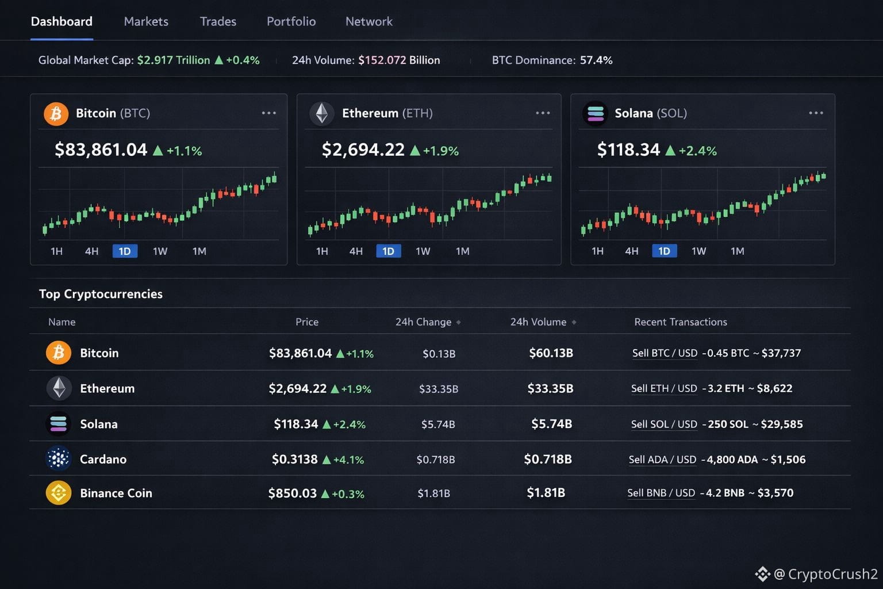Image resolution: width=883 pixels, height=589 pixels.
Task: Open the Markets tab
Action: [x=146, y=22]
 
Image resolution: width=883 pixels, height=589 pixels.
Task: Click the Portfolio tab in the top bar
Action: [x=291, y=22]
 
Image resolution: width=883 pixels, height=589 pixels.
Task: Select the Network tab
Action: [x=368, y=22]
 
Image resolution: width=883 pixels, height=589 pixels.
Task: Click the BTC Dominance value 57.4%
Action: [x=596, y=60]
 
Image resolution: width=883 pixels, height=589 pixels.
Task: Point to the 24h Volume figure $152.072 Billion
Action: [x=399, y=60]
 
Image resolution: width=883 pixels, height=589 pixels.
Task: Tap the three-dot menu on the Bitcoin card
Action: [x=268, y=113]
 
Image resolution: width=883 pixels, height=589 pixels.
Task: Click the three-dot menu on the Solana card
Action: [x=816, y=113]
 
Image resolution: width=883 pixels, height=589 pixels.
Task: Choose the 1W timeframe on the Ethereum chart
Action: [x=423, y=251]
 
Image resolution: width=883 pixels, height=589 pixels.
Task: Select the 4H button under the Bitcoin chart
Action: [x=91, y=251]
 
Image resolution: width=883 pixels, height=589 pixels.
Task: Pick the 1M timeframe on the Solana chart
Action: [x=737, y=251]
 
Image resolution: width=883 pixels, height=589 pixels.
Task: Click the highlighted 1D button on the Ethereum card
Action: [x=388, y=251]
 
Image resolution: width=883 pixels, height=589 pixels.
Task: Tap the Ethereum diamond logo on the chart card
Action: [x=322, y=113]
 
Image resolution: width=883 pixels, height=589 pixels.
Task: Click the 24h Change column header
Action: [x=424, y=322]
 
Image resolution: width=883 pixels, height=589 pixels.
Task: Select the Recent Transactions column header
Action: [x=681, y=322]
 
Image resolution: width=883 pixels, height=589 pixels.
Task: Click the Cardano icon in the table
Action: [x=58, y=459]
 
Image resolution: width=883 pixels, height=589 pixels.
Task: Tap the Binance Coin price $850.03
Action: [x=292, y=494]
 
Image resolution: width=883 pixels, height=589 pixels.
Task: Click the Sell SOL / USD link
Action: [x=664, y=424]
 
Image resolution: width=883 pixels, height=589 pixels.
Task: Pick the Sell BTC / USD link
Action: [x=665, y=353]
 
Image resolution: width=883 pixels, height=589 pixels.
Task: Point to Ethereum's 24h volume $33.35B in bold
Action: [x=550, y=389]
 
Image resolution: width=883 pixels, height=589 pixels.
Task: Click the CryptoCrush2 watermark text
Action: [x=832, y=574]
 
